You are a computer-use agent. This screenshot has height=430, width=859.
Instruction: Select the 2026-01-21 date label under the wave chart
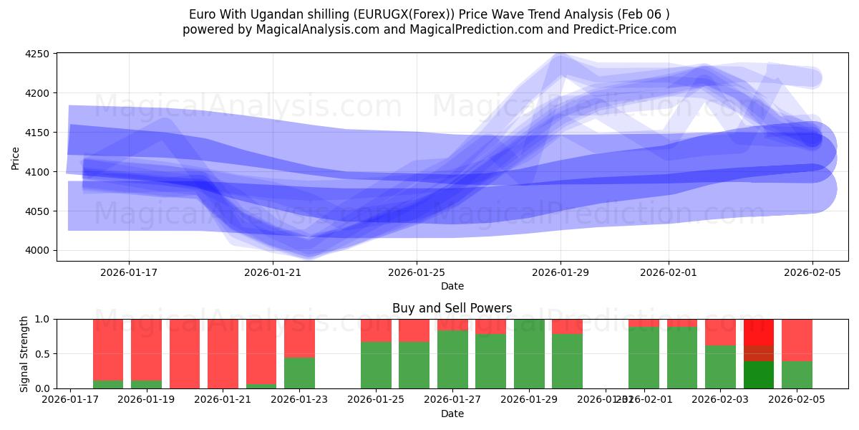click(x=273, y=272)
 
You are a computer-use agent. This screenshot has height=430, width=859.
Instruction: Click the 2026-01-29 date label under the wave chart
click(x=560, y=272)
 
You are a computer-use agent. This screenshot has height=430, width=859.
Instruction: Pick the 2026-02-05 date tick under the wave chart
click(x=812, y=272)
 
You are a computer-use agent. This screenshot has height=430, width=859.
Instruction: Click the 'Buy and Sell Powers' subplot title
click(x=452, y=308)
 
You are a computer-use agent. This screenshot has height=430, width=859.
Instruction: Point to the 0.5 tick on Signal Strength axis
click(x=42, y=354)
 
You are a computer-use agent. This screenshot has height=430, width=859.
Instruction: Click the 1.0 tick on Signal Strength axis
click(x=42, y=319)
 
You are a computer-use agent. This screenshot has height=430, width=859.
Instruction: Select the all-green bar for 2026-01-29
click(x=529, y=354)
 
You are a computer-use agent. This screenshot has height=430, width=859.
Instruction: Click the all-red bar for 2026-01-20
click(x=185, y=354)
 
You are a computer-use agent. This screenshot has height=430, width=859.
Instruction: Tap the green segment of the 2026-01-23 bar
click(x=299, y=373)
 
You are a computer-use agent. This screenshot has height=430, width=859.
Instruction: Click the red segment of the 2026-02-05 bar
click(x=797, y=340)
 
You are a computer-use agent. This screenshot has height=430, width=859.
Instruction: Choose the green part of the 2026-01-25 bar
click(x=376, y=365)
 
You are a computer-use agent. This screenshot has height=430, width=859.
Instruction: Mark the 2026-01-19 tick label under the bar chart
click(x=146, y=399)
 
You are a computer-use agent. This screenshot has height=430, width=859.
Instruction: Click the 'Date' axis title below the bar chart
click(x=452, y=414)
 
